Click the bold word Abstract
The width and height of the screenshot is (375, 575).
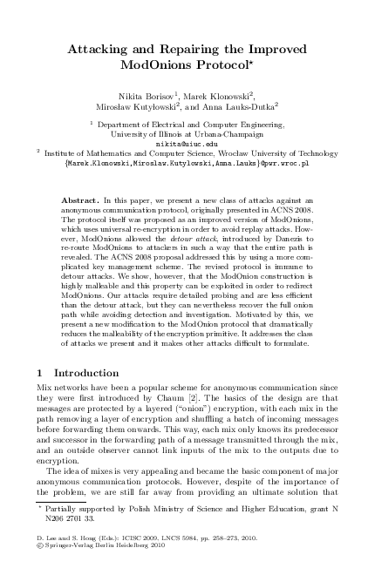(x=79, y=200)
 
